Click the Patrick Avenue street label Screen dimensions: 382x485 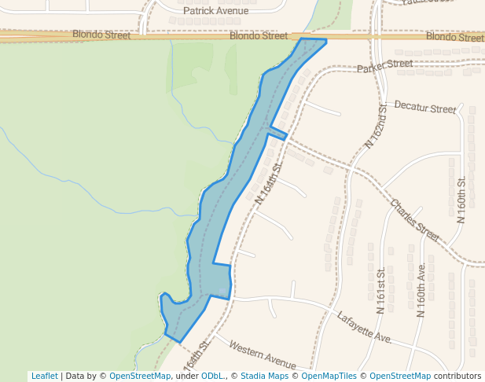pos(215,11)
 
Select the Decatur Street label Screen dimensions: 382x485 pos(424,107)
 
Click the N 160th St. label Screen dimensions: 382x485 pos(461,200)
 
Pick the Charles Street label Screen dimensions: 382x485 pos(414,219)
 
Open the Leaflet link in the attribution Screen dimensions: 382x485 pos(44,376)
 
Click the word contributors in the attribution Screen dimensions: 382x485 pos(457,376)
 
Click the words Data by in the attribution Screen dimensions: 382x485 pos(81,376)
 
